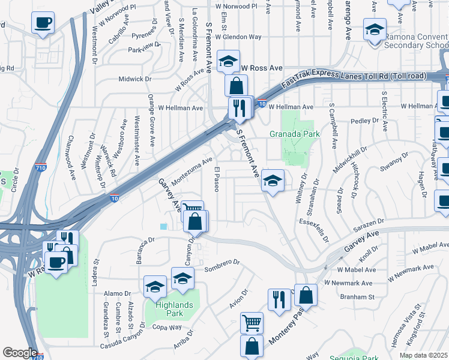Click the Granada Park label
294,134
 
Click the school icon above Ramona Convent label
375,29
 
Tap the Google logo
20,353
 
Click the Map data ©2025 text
424,355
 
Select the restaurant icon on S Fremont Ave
240,108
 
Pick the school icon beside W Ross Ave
228,62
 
